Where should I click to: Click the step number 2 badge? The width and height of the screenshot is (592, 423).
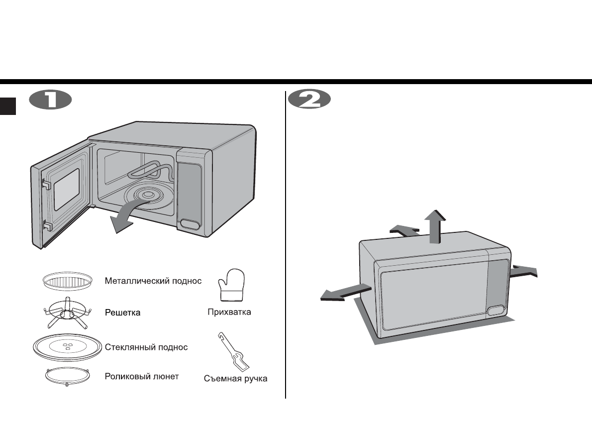[309, 100]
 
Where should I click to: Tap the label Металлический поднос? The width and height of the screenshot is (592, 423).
[153, 281]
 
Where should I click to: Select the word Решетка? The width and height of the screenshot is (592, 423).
[122, 313]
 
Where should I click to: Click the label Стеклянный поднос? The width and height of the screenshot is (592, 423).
[146, 347]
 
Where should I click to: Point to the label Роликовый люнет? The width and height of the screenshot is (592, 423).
[142, 376]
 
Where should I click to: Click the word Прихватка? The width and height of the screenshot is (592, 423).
[229, 313]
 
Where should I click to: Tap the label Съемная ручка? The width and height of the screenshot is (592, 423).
[235, 379]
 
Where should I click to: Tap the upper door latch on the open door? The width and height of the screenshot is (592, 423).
[45, 184]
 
